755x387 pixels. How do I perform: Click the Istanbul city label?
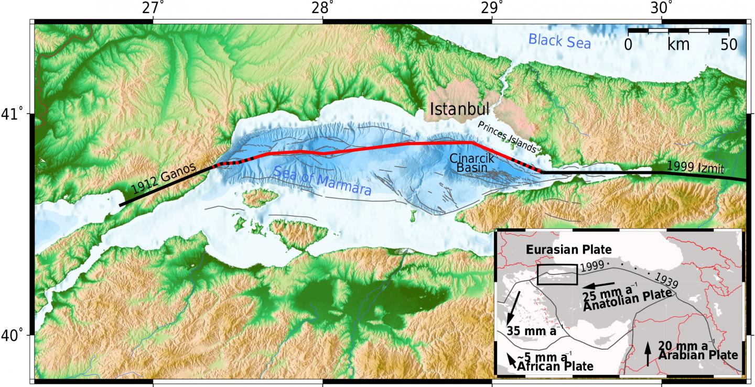pos(459,109)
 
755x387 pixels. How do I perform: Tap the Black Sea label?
pos(559,41)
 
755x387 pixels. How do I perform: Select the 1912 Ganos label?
pos(163,180)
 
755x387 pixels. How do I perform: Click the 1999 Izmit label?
pos(695,168)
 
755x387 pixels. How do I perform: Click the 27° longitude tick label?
pos(153,8)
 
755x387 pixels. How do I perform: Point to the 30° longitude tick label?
pos(662,8)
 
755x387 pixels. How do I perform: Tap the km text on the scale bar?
pos(678,45)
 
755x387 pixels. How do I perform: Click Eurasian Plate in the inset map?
pos(569,250)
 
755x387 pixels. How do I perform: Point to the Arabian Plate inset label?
pos(698,355)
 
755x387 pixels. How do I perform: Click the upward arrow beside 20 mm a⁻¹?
pos(648,354)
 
